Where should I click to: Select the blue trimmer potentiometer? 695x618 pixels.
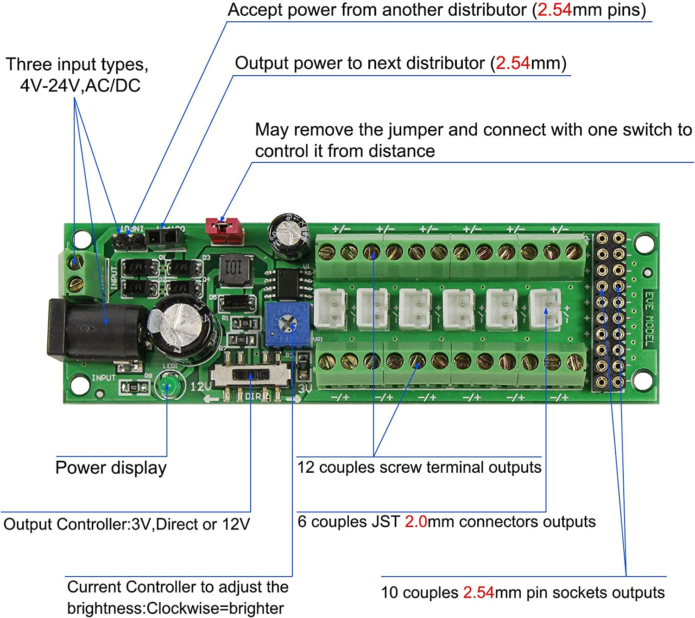[287, 323]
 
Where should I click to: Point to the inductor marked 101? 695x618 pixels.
[234, 270]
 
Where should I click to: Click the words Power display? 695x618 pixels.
[111, 468]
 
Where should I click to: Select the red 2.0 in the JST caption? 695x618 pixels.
[416, 521]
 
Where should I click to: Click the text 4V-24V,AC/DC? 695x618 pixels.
[80, 85]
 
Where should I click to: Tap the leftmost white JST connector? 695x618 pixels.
[330, 309]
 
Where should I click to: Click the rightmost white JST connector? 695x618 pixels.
[545, 308]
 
